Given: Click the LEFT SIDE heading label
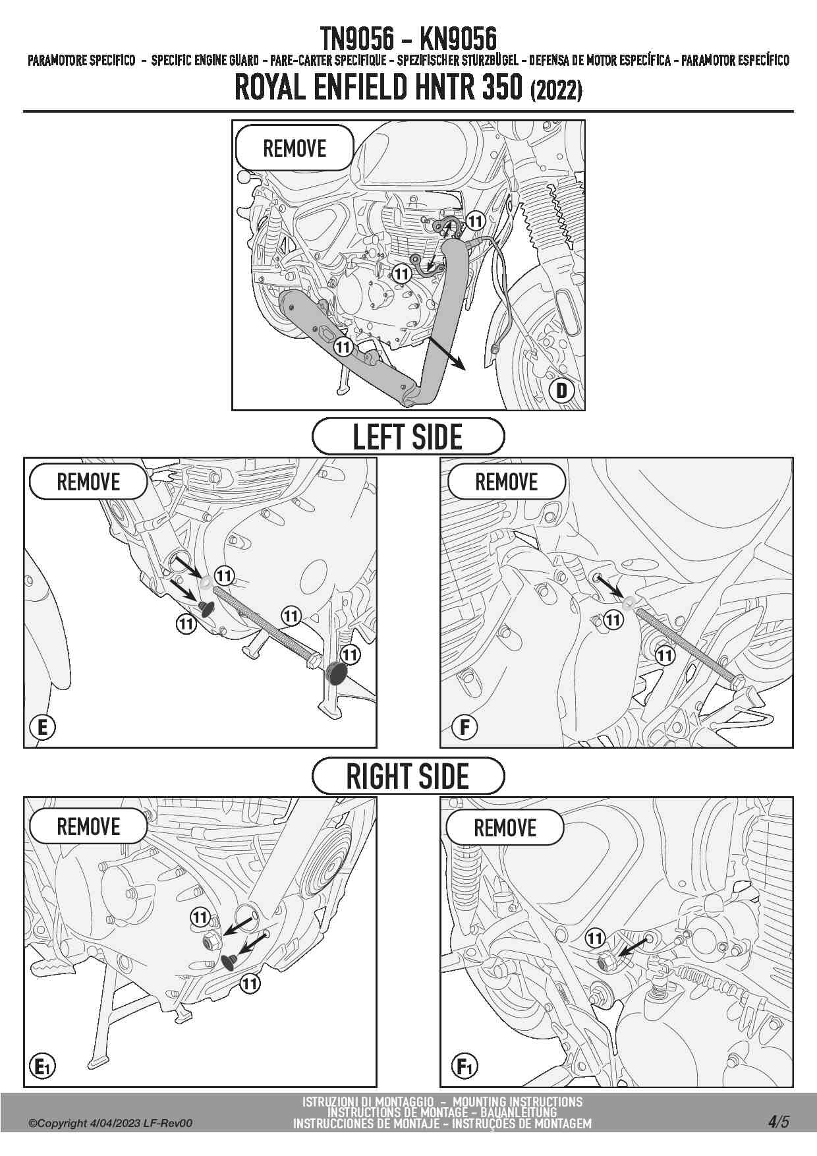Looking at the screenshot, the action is click(x=408, y=436).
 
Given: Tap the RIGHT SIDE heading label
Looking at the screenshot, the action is click(x=408, y=776).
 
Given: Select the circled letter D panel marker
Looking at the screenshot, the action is click(x=561, y=390).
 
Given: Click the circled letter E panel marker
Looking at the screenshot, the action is click(x=43, y=727).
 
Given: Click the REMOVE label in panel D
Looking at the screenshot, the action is click(x=295, y=148).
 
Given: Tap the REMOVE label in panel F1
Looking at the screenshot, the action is click(x=505, y=827).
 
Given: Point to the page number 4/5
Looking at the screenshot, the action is click(x=778, y=1121).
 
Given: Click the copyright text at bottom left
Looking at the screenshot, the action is click(x=110, y=1123).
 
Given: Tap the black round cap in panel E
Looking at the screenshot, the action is click(x=337, y=674).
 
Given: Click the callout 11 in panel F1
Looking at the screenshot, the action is click(x=595, y=938).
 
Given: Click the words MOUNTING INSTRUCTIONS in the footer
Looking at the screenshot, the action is click(x=517, y=1101).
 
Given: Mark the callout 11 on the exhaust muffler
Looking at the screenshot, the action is click(x=343, y=345).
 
